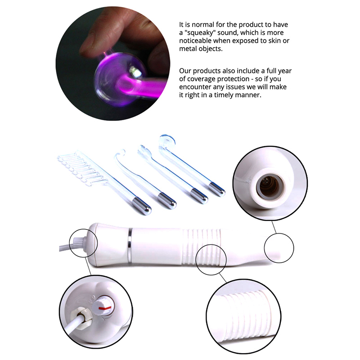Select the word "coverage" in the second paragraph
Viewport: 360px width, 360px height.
tap(201, 79)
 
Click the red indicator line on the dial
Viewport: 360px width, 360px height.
tap(105, 307)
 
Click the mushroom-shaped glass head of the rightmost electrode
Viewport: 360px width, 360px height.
tap(167, 141)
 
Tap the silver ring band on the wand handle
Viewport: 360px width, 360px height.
tap(130, 244)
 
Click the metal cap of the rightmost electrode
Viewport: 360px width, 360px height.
tap(217, 189)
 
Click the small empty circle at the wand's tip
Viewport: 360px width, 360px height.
tap(279, 248)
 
